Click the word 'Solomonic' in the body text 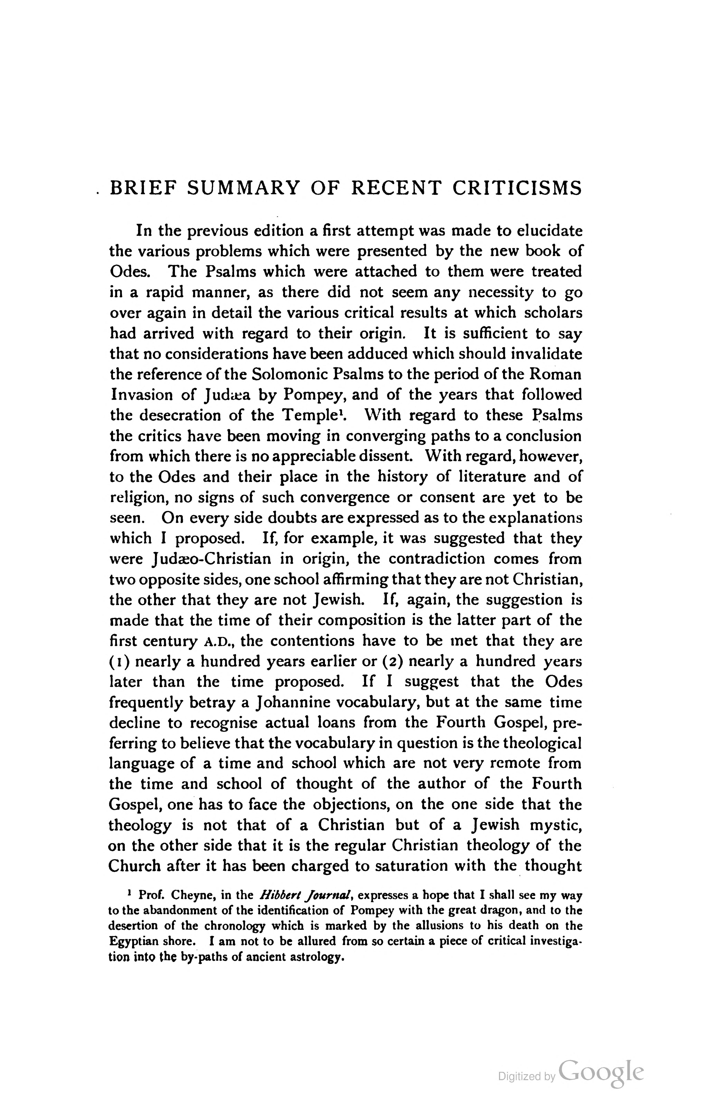coord(282,374)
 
